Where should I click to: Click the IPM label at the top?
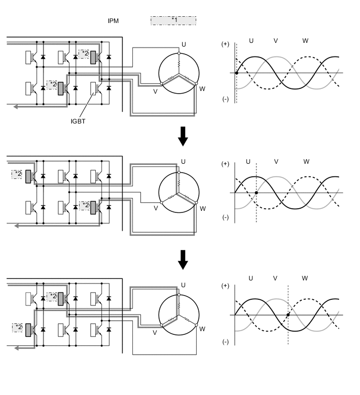click(113, 20)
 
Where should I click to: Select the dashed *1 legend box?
click(173, 20)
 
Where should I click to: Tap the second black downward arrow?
click(182, 259)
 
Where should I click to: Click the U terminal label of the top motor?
click(184, 44)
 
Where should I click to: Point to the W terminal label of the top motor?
click(202, 89)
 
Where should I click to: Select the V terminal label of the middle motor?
click(155, 208)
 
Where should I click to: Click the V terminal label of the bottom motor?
click(155, 332)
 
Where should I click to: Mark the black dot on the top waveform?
click(237, 73)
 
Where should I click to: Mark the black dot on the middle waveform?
click(256, 193)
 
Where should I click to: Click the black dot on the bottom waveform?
click(288, 315)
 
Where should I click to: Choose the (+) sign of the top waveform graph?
click(226, 44)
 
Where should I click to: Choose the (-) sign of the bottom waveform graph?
click(225, 342)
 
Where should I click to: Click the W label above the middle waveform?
click(306, 162)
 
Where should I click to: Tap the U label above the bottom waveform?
click(251, 278)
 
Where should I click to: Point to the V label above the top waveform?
click(276, 41)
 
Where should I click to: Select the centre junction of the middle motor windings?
click(178, 193)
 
